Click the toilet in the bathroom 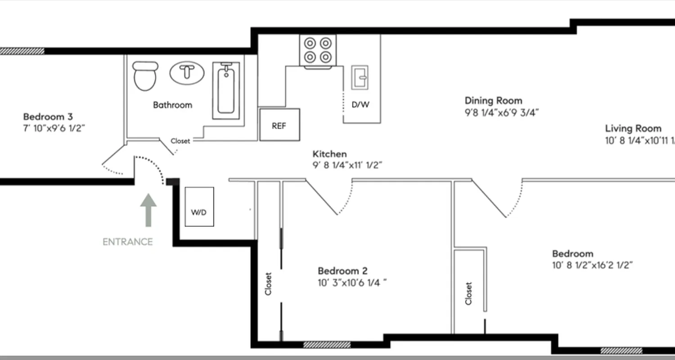click(x=145, y=75)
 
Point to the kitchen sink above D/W click(x=360, y=77)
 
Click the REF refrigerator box click(x=279, y=125)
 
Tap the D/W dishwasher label click(x=360, y=105)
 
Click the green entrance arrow click(x=148, y=210)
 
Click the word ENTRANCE click(x=128, y=242)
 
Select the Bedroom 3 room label click(x=48, y=117)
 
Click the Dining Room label click(x=493, y=100)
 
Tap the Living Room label click(x=633, y=129)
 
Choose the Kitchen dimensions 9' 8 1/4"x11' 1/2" click(x=347, y=165)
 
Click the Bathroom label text click(x=172, y=105)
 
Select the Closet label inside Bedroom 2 click(x=269, y=284)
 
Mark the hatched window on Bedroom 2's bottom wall click(x=327, y=345)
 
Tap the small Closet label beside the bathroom click(x=180, y=141)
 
